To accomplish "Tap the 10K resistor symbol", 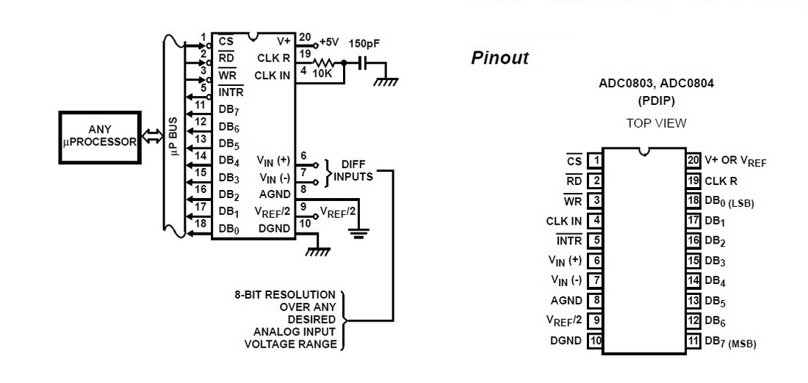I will [325, 63].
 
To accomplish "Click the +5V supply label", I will [328, 42].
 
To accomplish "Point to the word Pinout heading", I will [499, 58].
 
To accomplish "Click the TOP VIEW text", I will [656, 123].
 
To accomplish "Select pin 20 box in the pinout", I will [693, 160].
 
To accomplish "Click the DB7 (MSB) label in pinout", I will [730, 341].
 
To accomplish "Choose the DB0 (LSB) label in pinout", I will [729, 200].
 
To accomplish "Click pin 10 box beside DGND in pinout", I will [595, 340].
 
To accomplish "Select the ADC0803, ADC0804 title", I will [656, 84].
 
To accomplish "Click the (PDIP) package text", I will [656, 101].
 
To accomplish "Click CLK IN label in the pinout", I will [563, 221].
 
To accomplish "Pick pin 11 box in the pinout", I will [693, 340].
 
